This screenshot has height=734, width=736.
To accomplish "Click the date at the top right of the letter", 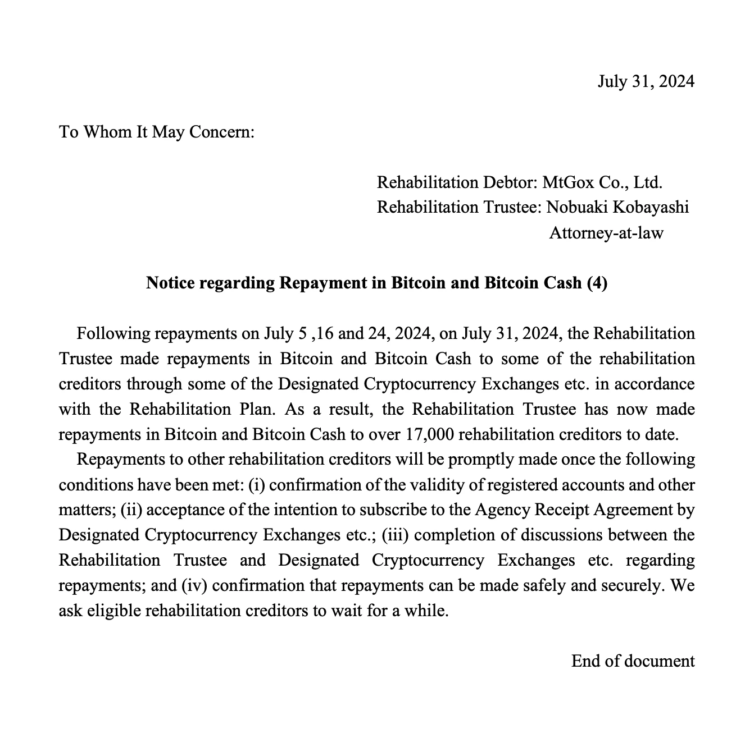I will click(x=646, y=81).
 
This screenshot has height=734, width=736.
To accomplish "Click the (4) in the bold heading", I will click(x=597, y=283).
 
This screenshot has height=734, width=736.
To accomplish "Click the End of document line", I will click(x=633, y=661).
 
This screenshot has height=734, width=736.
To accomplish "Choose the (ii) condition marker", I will click(x=131, y=510).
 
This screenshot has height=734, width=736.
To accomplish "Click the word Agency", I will click(x=499, y=510).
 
